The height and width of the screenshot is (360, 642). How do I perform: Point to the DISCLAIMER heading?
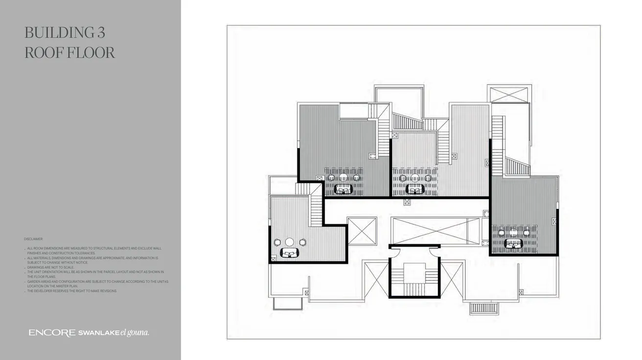33,239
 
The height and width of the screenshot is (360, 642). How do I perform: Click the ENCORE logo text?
52,333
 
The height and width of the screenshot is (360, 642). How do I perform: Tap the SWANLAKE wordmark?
99,333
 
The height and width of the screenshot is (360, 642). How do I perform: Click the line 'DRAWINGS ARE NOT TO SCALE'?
50,268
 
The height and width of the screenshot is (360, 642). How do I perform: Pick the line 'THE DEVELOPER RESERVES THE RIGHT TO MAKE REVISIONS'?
72,291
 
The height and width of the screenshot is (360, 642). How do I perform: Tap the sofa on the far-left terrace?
290,252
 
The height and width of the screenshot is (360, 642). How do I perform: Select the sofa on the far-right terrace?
514,243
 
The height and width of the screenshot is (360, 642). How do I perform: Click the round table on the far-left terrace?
290,242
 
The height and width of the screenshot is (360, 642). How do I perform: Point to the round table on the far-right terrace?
514,233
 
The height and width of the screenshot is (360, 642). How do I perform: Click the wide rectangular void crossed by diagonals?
436,231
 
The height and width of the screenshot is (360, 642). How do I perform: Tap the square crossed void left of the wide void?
362,231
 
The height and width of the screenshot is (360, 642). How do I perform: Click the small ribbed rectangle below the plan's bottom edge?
483,308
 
